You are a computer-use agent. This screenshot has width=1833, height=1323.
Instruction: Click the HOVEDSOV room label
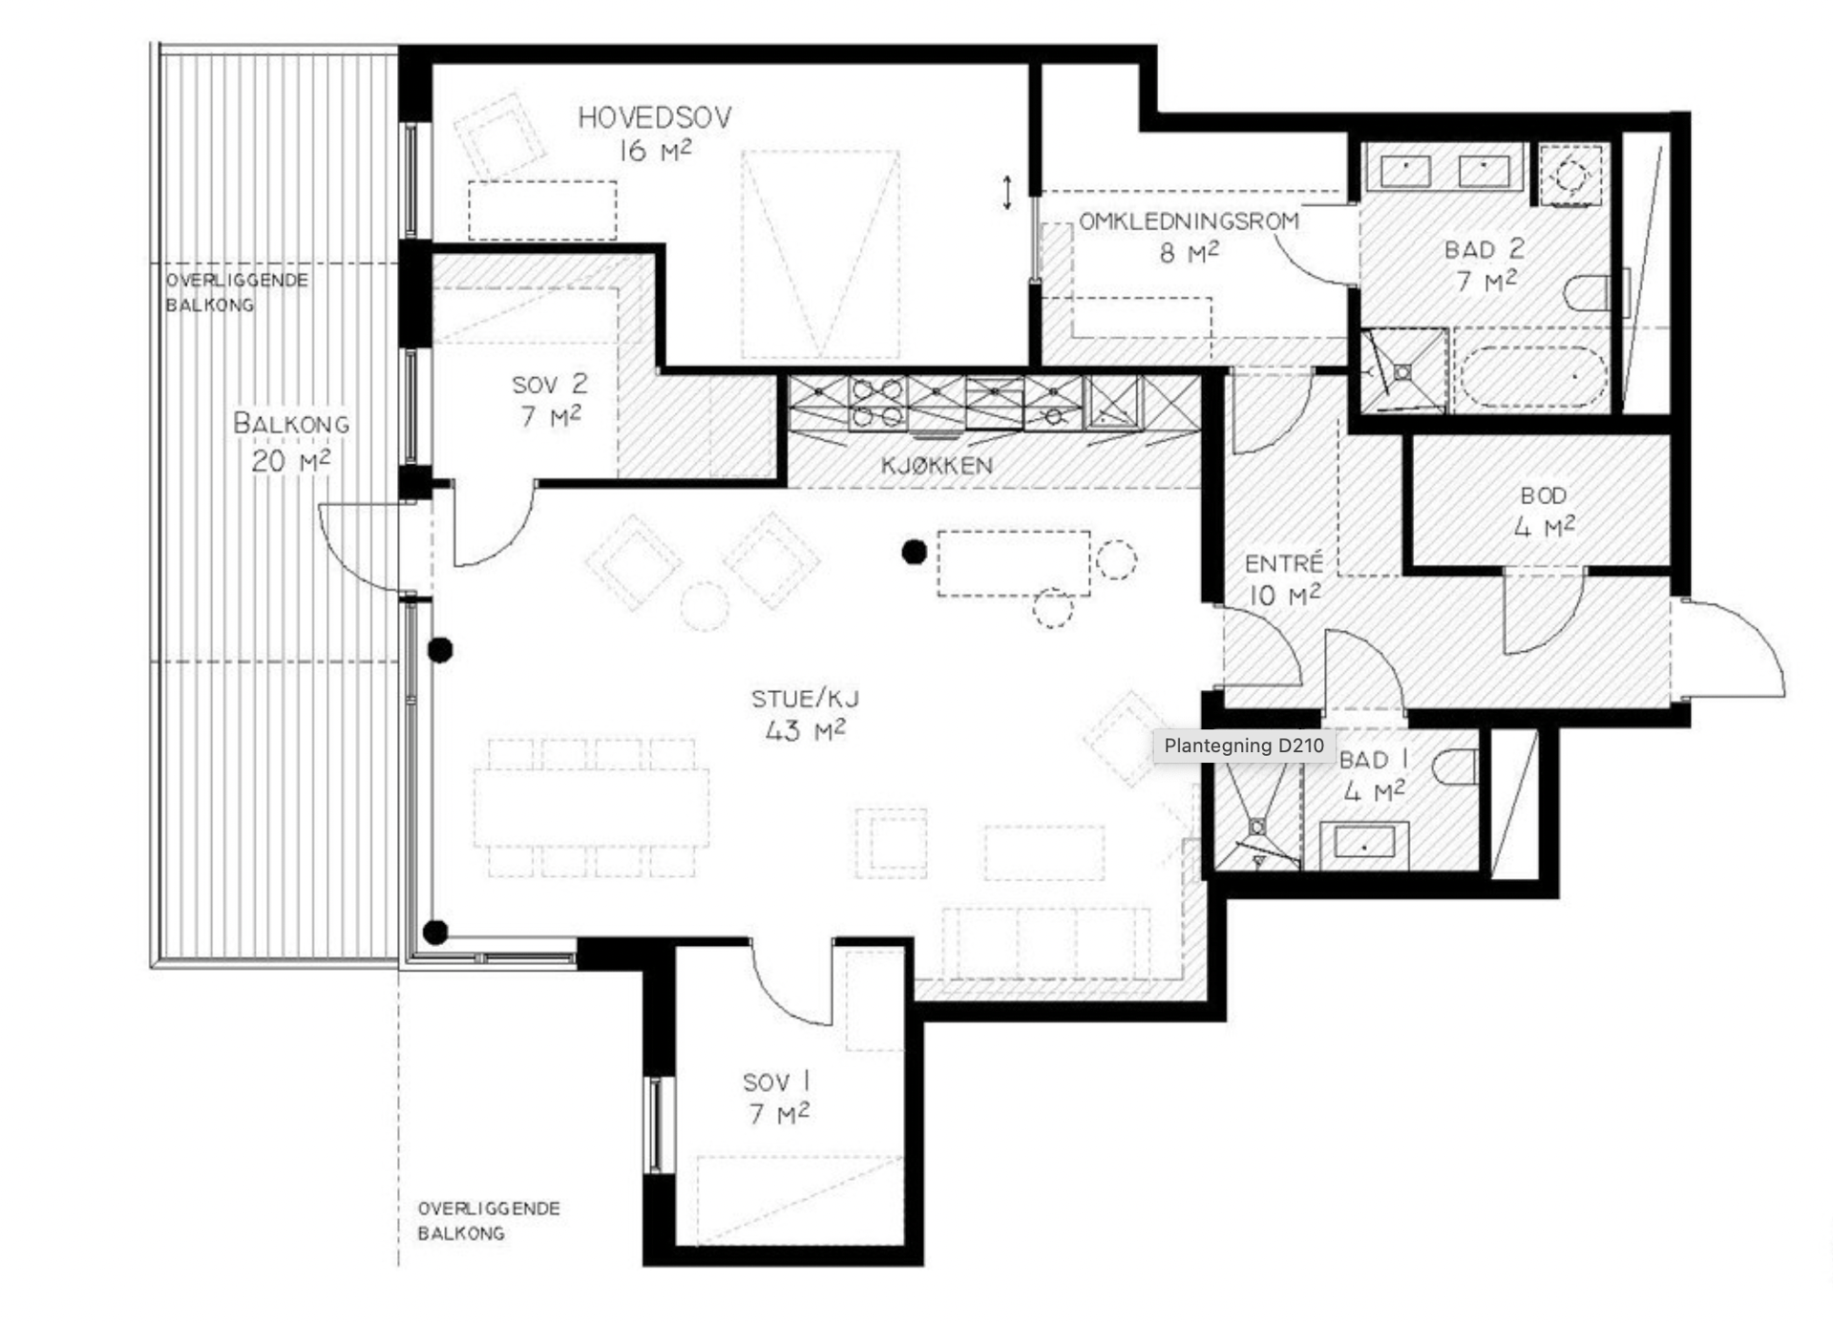point(654,118)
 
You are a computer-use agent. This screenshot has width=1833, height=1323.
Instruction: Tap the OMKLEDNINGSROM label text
point(1189,221)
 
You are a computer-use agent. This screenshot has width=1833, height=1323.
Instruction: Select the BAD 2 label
point(1485,250)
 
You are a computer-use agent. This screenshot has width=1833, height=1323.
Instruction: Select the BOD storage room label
point(1544,496)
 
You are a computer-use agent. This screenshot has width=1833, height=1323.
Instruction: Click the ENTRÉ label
point(1283,564)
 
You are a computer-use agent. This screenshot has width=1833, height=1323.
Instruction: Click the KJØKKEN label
point(937,466)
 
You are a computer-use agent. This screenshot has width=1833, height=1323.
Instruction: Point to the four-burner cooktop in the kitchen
point(877,403)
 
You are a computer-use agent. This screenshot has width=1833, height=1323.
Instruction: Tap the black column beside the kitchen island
point(915,552)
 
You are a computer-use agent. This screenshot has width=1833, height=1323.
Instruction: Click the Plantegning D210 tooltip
point(1243,745)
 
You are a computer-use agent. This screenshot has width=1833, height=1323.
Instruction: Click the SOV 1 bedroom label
point(776,1082)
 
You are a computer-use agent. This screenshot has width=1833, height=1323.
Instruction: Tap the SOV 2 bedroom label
point(550,385)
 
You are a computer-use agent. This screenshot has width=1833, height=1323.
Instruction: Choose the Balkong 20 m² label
point(291,441)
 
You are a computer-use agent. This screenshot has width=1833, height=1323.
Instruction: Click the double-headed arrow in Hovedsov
point(1007,192)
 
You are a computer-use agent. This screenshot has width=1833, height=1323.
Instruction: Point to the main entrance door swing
point(1733,649)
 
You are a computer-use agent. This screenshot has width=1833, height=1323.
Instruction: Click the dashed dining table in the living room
point(591,808)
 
